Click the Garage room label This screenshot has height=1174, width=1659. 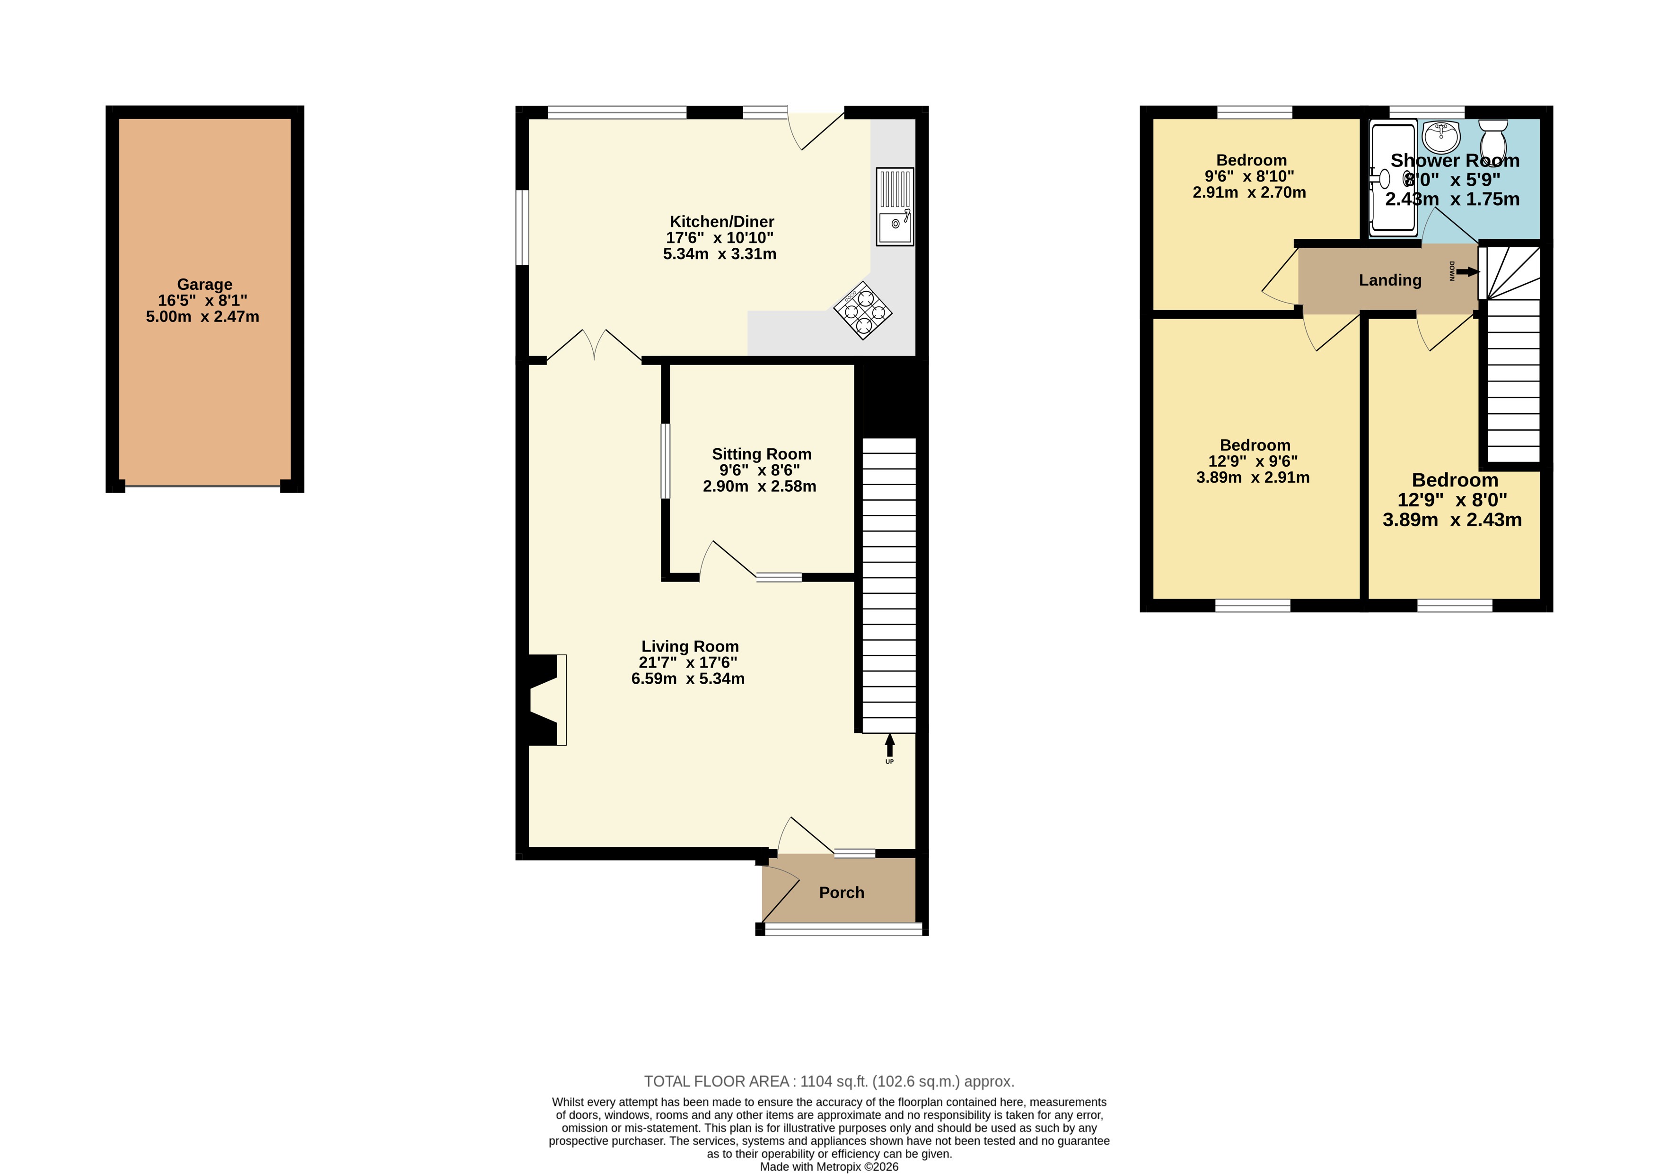click(x=205, y=285)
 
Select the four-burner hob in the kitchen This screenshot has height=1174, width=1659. click(x=863, y=310)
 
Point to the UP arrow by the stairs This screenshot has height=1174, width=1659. click(x=889, y=745)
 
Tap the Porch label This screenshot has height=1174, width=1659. click(x=842, y=893)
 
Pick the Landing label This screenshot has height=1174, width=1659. click(x=1390, y=280)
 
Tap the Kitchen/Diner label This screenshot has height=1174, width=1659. click(x=722, y=222)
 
